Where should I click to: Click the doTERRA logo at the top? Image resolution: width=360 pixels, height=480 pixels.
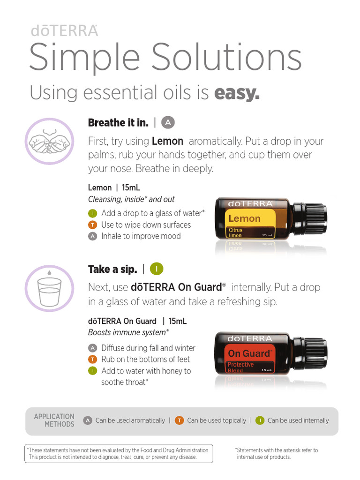(x=64, y=30)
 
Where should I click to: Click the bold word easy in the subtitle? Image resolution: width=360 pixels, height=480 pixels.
(x=237, y=93)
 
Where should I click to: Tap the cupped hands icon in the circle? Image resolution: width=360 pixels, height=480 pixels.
(x=49, y=141)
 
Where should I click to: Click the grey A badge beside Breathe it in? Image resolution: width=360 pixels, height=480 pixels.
(x=168, y=123)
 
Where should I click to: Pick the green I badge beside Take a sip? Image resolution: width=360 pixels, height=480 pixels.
(x=157, y=269)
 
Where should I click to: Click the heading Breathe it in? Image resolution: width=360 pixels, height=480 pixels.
(x=118, y=123)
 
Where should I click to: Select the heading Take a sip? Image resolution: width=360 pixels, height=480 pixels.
(x=112, y=269)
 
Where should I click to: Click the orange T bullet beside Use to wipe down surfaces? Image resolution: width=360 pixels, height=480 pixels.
(x=93, y=225)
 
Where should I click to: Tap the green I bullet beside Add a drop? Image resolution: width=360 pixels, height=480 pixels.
(x=93, y=213)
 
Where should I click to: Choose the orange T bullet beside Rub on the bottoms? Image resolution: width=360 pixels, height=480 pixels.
(x=93, y=360)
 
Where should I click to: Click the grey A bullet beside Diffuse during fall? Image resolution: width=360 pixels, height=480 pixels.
(x=93, y=348)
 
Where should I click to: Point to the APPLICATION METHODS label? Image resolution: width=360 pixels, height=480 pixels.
(x=54, y=420)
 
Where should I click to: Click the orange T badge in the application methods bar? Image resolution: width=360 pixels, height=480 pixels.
(x=179, y=420)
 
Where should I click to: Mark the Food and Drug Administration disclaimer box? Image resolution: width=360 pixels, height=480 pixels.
(x=119, y=453)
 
